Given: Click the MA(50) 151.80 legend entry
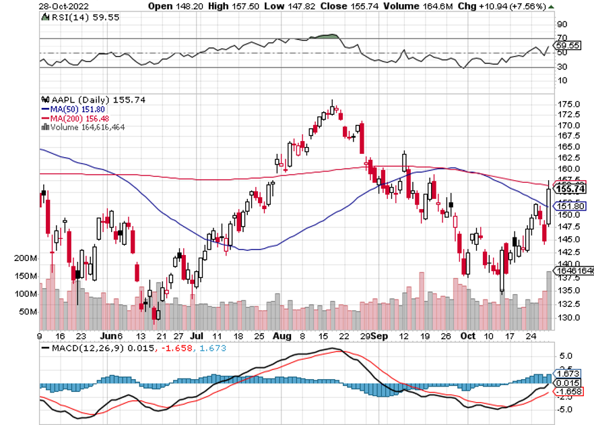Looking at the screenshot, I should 72,109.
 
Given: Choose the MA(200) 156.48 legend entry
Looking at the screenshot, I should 75,117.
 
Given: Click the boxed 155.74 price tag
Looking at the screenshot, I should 568,190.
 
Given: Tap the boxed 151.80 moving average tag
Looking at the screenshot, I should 568,206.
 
